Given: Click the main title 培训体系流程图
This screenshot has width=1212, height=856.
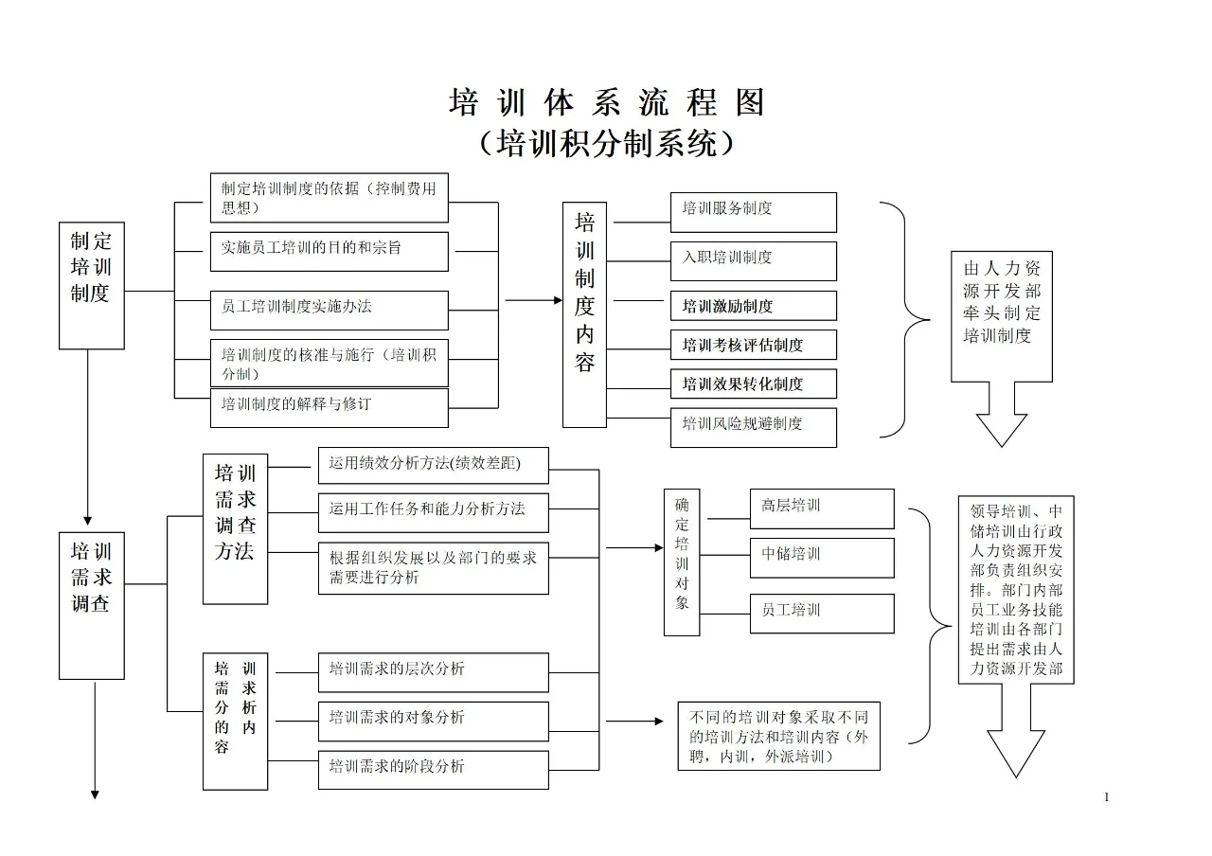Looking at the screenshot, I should click(x=606, y=102).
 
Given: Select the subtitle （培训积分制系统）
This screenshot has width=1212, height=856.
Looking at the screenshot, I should click(x=606, y=143).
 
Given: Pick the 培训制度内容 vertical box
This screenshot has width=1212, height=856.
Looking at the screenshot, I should click(x=584, y=314).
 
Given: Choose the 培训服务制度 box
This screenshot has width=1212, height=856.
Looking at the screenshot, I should click(x=754, y=212).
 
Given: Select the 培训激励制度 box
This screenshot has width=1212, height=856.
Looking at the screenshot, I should click(x=754, y=306).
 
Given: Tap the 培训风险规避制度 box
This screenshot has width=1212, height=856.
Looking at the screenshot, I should click(x=754, y=427).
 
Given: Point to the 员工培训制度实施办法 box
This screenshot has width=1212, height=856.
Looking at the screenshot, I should click(x=329, y=310).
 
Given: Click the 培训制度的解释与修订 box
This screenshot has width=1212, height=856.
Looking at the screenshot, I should click(x=329, y=407).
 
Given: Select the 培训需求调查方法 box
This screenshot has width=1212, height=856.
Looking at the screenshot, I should click(x=235, y=528).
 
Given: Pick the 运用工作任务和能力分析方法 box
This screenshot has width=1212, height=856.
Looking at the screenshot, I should click(x=433, y=512).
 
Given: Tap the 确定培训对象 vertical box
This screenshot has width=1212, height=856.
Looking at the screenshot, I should click(x=682, y=562).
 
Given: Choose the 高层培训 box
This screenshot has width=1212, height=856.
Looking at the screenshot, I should click(x=821, y=508).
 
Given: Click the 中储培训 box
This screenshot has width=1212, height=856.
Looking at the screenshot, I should click(x=821, y=558).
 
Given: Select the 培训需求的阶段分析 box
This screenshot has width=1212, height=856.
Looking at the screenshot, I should click(x=433, y=770).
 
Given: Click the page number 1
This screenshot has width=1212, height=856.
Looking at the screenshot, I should click(x=1106, y=797).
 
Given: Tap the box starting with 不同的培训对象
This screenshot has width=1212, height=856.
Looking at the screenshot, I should click(x=778, y=736).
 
